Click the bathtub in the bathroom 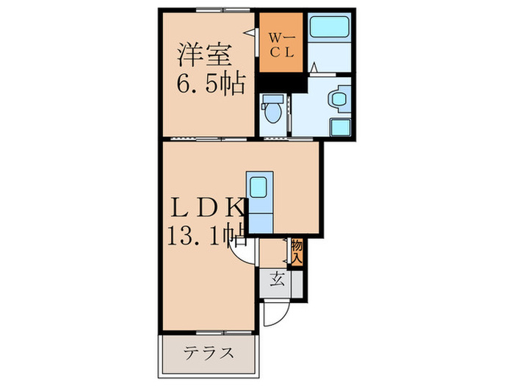(328, 29)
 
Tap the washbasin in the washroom (339, 97)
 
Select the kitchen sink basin (258, 185)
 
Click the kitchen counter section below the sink (258, 217)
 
